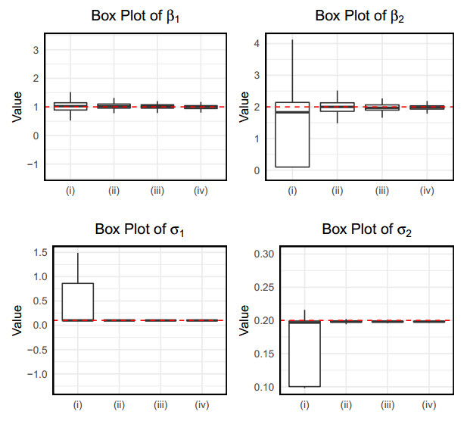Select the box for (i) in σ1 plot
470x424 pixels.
pos(78,301)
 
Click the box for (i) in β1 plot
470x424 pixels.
pos(70,107)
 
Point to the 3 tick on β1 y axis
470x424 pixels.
pos(35,50)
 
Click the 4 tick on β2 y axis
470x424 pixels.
pos(257,43)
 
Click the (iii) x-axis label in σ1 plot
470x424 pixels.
pos(160,405)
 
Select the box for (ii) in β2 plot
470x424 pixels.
pos(338,107)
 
